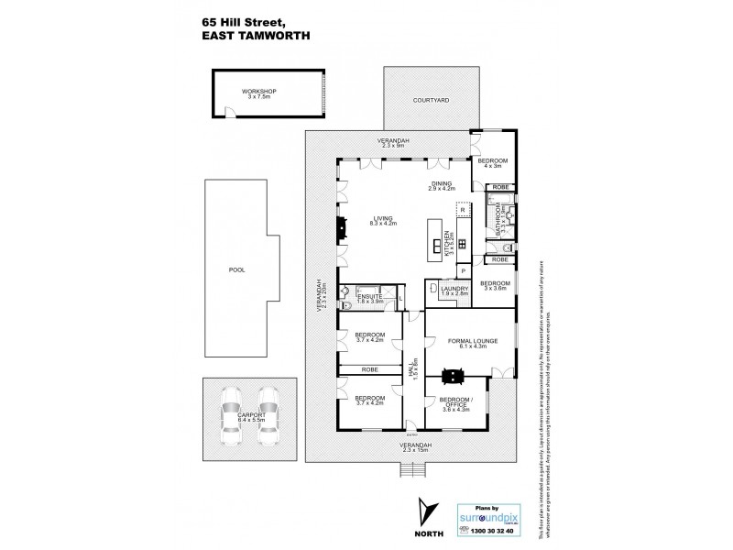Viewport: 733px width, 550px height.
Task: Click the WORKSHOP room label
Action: coord(259,93)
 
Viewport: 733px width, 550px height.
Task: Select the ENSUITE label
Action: coord(370,298)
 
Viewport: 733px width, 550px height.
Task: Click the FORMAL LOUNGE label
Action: coord(472,344)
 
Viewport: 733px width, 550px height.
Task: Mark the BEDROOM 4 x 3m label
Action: coord(494,163)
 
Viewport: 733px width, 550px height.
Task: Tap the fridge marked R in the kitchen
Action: coord(464,210)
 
